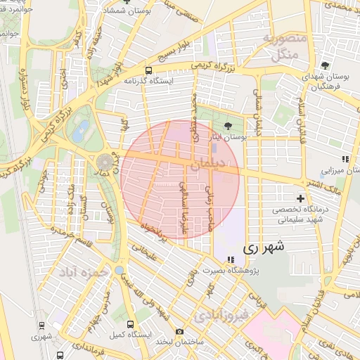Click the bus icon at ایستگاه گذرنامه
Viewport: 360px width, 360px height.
pyautogui.click(x=148, y=70)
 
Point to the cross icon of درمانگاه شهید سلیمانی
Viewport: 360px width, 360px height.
pyautogui.click(x=301, y=198)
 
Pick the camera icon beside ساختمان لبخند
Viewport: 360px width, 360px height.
pyautogui.click(x=179, y=331)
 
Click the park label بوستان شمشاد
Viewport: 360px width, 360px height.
pyautogui.click(x=126, y=12)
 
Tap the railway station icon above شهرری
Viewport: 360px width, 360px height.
pyautogui.click(x=42, y=326)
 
